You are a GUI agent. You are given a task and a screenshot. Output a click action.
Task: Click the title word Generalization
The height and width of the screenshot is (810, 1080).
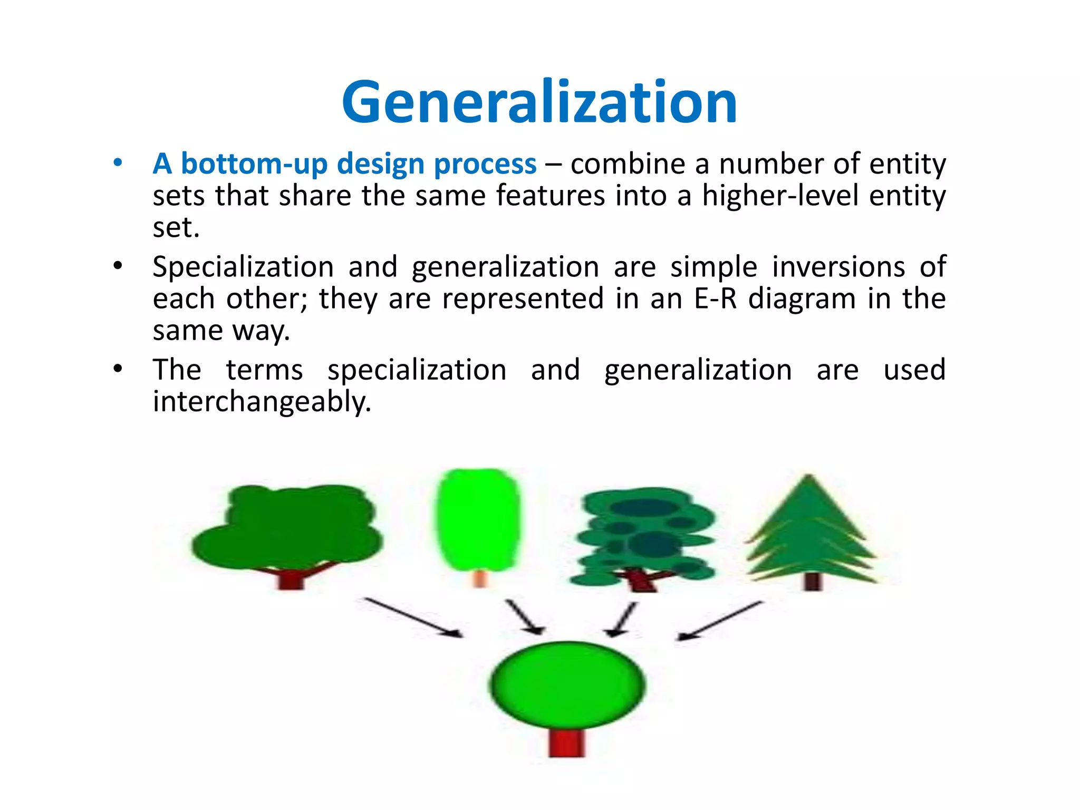(539, 102)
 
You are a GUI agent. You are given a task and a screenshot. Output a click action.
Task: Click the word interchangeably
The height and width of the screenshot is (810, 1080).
(262, 402)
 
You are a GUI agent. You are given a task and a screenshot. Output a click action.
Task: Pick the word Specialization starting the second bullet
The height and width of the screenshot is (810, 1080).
(243, 267)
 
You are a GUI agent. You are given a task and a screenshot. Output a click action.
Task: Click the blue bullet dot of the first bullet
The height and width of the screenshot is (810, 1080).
(118, 162)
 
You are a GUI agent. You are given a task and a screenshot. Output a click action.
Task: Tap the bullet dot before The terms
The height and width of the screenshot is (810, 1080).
(118, 369)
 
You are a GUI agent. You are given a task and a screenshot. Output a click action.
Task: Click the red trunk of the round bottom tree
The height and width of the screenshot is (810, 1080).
(567, 742)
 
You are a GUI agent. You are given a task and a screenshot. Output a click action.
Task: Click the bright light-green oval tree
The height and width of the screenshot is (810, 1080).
(478, 519)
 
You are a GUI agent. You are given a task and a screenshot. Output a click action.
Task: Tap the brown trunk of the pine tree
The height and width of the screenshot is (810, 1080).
(813, 581)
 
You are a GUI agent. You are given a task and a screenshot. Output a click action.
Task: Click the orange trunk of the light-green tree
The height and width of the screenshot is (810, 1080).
(479, 578)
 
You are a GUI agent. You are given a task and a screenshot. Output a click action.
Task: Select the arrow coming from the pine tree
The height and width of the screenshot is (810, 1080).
(720, 621)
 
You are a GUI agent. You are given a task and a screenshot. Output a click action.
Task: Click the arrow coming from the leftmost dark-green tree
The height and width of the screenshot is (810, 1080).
(412, 618)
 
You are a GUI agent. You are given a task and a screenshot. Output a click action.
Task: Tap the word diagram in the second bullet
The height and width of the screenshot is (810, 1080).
(802, 299)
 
